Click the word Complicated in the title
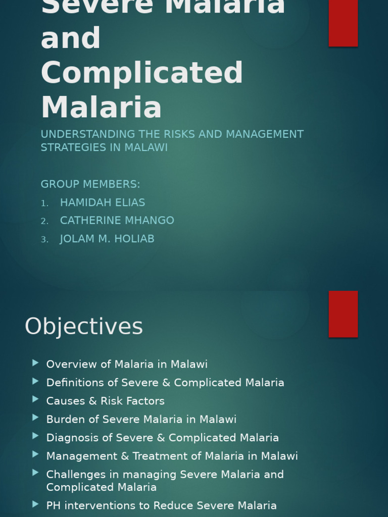(x=142, y=73)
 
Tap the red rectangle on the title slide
(x=343, y=23)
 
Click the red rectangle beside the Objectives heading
(x=343, y=314)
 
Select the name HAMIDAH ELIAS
(x=103, y=202)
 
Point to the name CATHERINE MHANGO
(x=117, y=221)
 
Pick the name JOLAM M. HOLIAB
(x=107, y=239)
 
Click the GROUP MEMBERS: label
(x=90, y=184)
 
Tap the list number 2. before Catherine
(x=45, y=221)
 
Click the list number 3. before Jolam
(x=45, y=239)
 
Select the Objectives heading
(x=84, y=326)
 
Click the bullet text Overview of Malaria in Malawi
(x=127, y=364)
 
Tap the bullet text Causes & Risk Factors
(x=105, y=401)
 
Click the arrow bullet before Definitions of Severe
(x=35, y=381)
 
